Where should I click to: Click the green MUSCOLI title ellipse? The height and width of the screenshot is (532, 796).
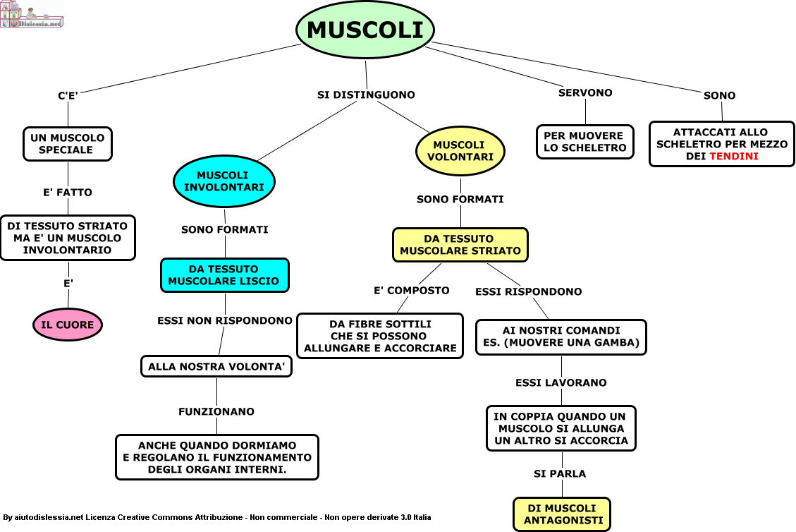click(365, 30)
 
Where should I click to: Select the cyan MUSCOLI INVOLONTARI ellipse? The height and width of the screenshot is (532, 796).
click(224, 181)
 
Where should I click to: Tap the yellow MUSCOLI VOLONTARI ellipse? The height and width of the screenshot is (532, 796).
click(460, 151)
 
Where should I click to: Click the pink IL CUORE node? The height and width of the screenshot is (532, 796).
click(68, 325)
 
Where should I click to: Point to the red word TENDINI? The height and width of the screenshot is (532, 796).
click(734, 156)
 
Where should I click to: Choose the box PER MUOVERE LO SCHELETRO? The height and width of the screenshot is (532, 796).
click(584, 142)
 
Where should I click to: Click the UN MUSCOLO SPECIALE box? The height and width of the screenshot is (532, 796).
click(67, 144)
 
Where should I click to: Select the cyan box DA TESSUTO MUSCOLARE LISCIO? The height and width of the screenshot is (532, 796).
click(224, 275)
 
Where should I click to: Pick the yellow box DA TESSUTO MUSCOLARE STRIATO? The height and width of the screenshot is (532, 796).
click(460, 244)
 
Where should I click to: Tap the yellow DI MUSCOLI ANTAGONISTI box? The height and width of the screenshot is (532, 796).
click(561, 514)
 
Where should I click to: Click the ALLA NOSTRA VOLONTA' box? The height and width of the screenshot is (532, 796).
click(216, 367)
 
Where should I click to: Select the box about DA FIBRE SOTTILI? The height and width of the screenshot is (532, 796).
click(380, 336)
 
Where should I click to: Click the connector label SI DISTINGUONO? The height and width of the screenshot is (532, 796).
click(366, 95)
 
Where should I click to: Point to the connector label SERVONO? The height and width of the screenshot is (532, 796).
click(585, 92)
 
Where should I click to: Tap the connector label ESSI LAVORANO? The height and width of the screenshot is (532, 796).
click(561, 382)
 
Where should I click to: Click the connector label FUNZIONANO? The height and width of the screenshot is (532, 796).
click(216, 411)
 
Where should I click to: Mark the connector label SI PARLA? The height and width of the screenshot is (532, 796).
click(560, 473)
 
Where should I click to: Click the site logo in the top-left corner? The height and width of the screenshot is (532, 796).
click(32, 14)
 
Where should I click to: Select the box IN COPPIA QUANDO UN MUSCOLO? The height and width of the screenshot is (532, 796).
click(561, 428)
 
